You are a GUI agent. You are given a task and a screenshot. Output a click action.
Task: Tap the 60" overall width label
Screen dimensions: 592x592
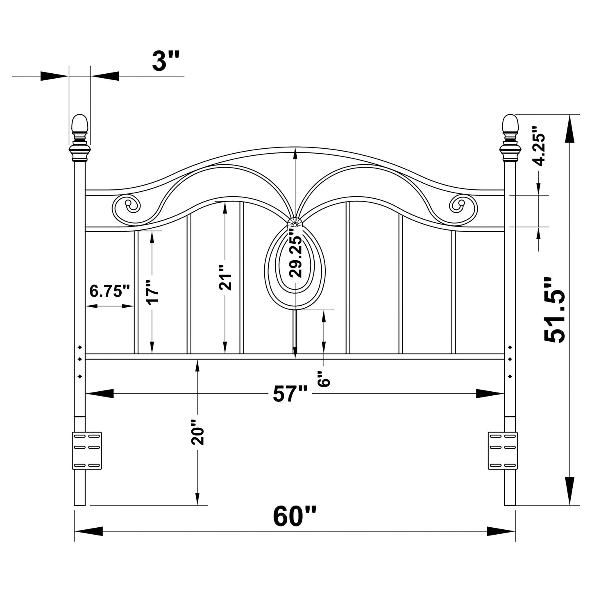point(295,516)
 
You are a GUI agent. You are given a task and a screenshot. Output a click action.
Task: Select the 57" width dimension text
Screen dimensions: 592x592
point(290,394)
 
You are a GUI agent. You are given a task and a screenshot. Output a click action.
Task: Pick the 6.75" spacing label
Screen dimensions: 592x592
point(109,291)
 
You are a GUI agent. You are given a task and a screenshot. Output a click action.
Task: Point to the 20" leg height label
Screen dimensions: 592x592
point(197,432)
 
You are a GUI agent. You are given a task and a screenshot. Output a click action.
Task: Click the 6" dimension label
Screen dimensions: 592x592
point(324,379)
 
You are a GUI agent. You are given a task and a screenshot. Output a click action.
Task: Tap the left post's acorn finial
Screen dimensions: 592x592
point(79,124)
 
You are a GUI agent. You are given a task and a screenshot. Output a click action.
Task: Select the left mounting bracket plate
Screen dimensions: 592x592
point(87,450)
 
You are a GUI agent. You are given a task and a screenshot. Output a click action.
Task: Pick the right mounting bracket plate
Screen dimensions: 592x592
point(502,450)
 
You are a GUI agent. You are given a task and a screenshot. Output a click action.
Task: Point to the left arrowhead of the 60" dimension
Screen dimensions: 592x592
point(88,531)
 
